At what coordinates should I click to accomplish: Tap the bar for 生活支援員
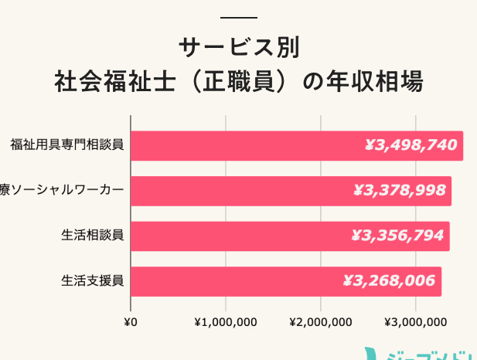pos(232,281)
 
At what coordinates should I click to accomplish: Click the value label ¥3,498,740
pos(411,145)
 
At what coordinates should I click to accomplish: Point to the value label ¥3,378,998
pos(400,191)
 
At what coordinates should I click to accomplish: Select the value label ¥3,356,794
pos(398,236)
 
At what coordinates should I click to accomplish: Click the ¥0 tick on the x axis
pos(131,321)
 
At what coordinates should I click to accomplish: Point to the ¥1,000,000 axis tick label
pos(225,321)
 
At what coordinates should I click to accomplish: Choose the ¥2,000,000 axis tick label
pos(320,321)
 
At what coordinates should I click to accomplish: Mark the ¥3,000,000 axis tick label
pos(416,321)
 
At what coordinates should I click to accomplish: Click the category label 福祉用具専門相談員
pos(67,144)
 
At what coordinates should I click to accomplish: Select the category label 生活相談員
pos(93,236)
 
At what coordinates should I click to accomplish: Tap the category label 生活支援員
pos(93,281)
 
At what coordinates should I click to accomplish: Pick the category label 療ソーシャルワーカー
pos(62,191)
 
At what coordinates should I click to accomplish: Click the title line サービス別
pos(238,48)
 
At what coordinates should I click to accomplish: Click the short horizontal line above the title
pos(238,17)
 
